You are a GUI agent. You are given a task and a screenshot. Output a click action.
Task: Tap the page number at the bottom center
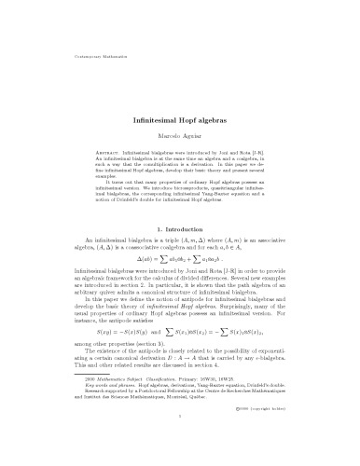click(x=180, y=445)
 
